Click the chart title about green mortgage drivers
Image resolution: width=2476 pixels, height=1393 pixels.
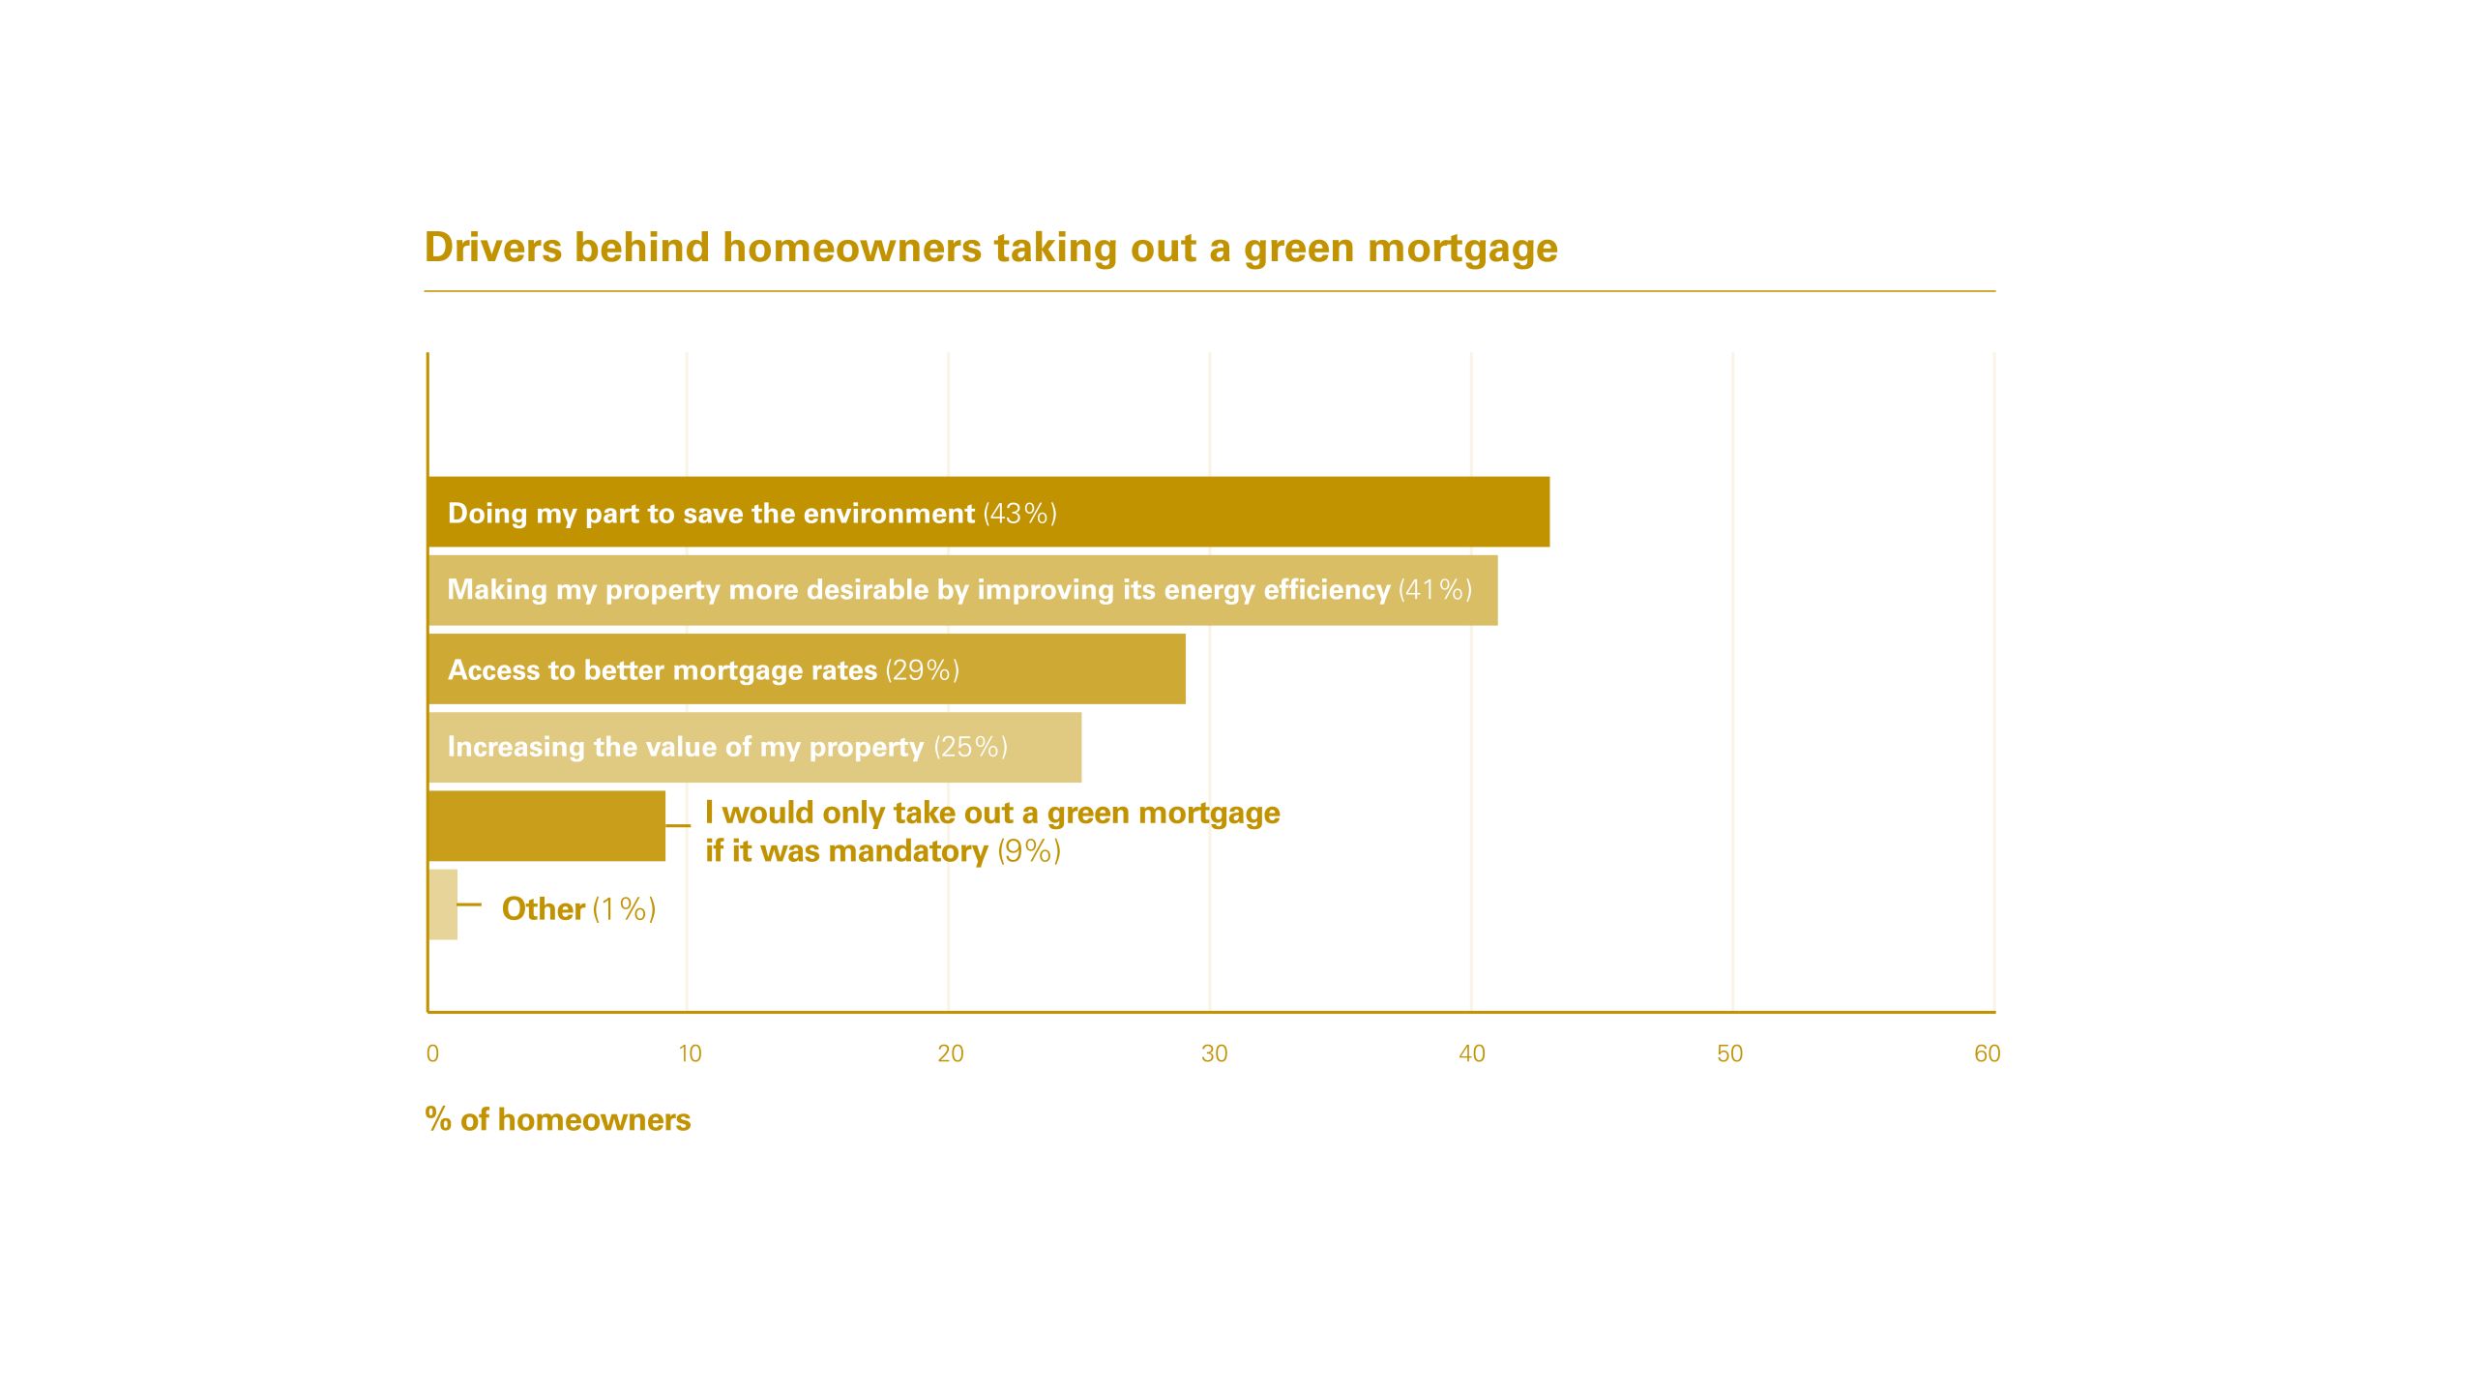tap(991, 248)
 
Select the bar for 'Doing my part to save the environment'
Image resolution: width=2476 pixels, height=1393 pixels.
tap(988, 512)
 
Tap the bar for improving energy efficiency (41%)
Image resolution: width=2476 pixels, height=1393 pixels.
tap(962, 590)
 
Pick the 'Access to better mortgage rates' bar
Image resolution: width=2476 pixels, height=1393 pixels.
tap(807, 669)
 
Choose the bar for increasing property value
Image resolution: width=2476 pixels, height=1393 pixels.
tap(754, 748)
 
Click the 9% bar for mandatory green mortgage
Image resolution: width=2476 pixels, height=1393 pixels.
tap(546, 826)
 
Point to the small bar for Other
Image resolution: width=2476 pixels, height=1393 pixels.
tap(443, 904)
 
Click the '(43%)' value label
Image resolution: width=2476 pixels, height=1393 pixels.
tap(1020, 513)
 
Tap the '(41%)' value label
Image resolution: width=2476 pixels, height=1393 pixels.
tap(1435, 589)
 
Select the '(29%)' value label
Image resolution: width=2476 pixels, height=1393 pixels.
tap(923, 669)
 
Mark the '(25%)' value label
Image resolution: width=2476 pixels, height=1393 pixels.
tap(971, 747)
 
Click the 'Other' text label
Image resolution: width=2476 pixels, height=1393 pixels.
tap(544, 908)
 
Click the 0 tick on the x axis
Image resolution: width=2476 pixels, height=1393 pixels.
tap(432, 1053)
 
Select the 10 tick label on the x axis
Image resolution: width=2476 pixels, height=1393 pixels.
tap(690, 1053)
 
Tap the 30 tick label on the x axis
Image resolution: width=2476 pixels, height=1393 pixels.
tap(1214, 1053)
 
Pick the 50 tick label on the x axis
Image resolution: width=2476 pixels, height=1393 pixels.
tap(1729, 1053)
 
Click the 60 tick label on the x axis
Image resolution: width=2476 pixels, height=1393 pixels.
tap(1987, 1053)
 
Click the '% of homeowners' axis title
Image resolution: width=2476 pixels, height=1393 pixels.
tap(558, 1119)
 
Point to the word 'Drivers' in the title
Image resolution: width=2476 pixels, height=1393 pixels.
tap(493, 248)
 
